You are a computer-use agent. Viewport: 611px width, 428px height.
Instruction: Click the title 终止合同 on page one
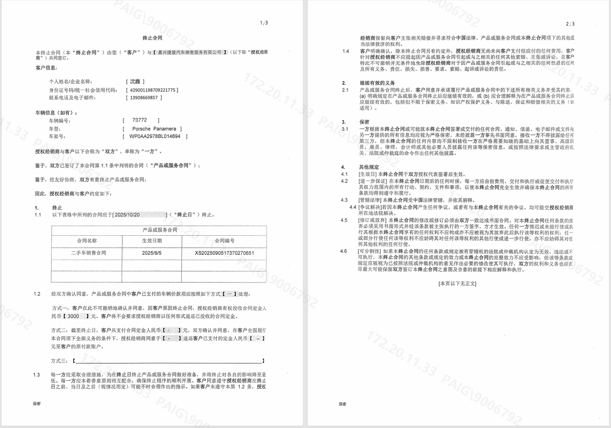click(x=153, y=37)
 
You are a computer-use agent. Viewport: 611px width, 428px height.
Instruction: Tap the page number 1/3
click(x=264, y=22)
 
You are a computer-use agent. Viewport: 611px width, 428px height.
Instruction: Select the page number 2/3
click(x=570, y=23)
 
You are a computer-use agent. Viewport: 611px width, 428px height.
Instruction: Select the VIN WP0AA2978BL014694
click(x=155, y=136)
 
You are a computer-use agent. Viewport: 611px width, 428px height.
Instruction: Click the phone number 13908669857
click(x=143, y=97)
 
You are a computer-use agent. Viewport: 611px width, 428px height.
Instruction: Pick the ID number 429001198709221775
click(x=151, y=90)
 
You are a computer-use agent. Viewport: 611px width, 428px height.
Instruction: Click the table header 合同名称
click(x=87, y=241)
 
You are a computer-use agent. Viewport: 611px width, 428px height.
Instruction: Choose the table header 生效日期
click(x=152, y=241)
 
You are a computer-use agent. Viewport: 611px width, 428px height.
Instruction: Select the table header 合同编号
click(x=224, y=241)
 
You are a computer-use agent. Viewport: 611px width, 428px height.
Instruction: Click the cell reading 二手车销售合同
click(x=88, y=253)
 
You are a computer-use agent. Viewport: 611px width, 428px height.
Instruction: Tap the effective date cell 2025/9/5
click(x=152, y=253)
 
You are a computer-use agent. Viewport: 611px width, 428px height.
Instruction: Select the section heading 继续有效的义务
click(x=377, y=83)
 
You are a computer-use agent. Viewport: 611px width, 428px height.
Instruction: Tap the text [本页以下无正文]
click(x=457, y=283)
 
